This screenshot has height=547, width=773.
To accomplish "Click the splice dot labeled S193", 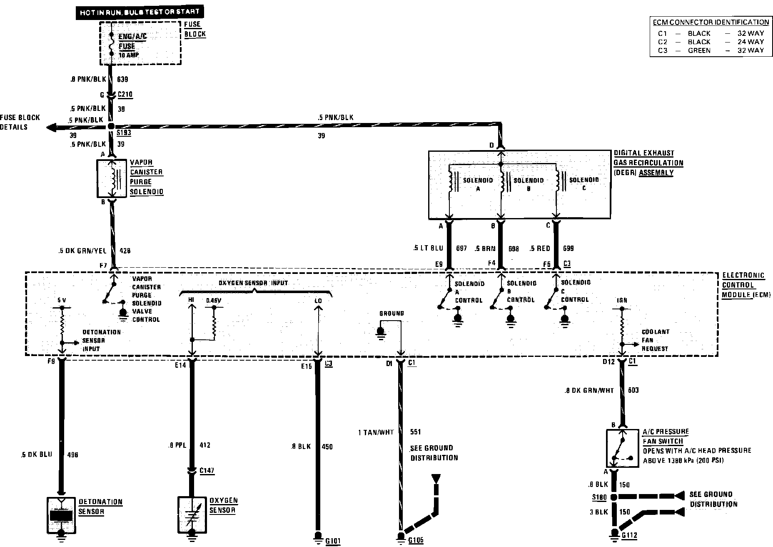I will pyautogui.click(x=111, y=126).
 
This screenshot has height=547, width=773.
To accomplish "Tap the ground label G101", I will pyautogui.click(x=333, y=541).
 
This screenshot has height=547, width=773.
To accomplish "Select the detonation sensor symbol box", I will pyautogui.click(x=61, y=515).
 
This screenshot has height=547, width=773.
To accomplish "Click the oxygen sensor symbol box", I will pyautogui.click(x=192, y=515).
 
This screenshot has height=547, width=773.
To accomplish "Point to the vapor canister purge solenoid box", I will pyautogui.click(x=112, y=178).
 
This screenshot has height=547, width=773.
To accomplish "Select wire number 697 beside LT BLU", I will pyautogui.click(x=461, y=248).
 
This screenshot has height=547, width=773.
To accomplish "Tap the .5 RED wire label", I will pyautogui.click(x=540, y=248).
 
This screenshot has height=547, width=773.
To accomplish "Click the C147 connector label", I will pyautogui.click(x=207, y=471).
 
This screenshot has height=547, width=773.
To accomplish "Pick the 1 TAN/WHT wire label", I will pyautogui.click(x=376, y=432).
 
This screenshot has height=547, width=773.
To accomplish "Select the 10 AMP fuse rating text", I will pyautogui.click(x=129, y=55).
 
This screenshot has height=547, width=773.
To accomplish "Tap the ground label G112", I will pyautogui.click(x=629, y=536).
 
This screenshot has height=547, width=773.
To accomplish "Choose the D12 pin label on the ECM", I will pyautogui.click(x=608, y=362).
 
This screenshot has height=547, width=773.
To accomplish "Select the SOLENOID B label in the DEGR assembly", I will pyautogui.click(x=529, y=184).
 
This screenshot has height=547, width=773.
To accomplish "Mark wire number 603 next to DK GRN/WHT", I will pyautogui.click(x=633, y=390).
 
